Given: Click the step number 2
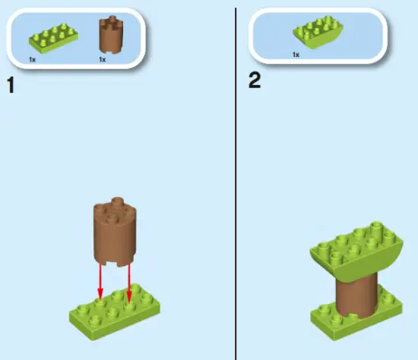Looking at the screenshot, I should click(x=255, y=81).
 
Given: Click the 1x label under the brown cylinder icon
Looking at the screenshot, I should click(x=102, y=58).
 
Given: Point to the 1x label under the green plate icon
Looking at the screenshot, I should click(x=32, y=58).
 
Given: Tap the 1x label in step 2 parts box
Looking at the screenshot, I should click(x=296, y=55).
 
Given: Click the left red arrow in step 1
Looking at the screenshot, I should click(x=100, y=284).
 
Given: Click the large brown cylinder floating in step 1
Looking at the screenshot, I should click(x=114, y=235).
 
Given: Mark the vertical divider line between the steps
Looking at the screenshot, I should click(x=236, y=182).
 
